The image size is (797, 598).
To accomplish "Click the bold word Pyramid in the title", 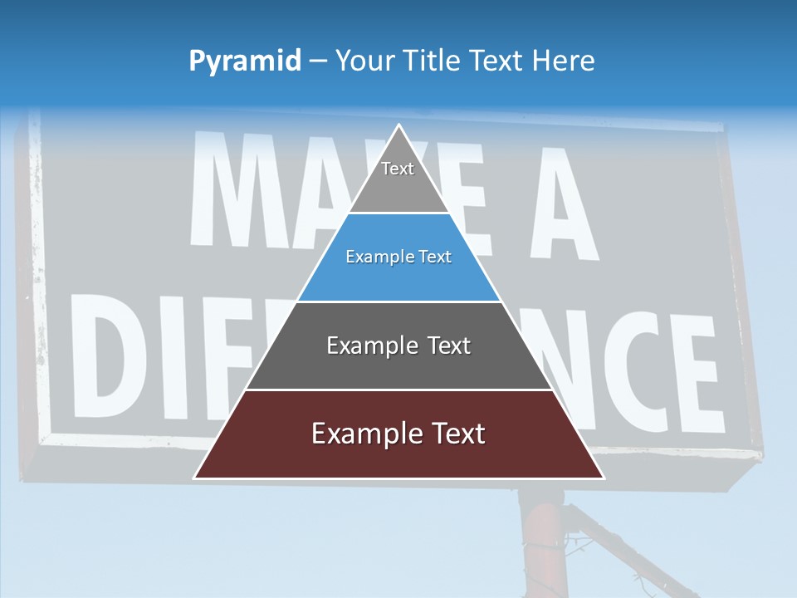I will [x=245, y=61].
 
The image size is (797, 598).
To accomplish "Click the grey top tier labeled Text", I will [x=398, y=183].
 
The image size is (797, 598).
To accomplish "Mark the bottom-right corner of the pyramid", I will [x=603, y=478].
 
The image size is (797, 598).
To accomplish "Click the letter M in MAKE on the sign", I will [x=237, y=191].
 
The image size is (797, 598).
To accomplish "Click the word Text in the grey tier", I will [x=398, y=169].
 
